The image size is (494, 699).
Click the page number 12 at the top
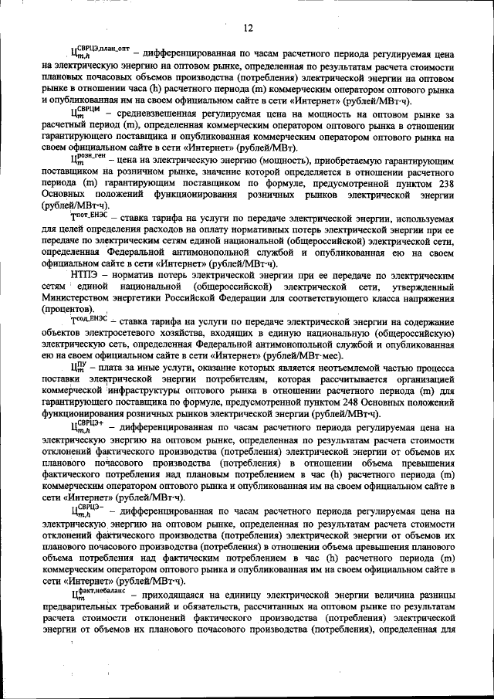(248, 29)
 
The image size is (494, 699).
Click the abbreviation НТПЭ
(86, 275)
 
